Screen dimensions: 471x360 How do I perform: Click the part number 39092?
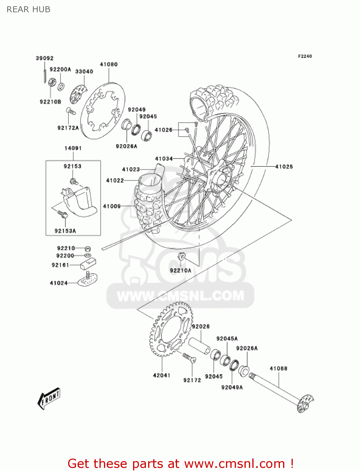coord(45,58)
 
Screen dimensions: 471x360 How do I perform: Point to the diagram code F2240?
coord(305,56)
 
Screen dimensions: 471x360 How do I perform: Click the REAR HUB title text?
coord(28,9)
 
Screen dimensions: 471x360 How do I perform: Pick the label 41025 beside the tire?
coord(284,166)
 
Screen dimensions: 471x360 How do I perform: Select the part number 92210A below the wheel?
coord(180,270)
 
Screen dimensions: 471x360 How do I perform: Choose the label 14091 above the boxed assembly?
coord(73,148)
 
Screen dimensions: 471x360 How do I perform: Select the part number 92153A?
coord(65,231)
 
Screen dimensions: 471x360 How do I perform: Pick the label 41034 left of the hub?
coord(164,159)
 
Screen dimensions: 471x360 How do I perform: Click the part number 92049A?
coord(232,387)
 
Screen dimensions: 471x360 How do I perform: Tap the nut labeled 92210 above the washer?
coord(88,248)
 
